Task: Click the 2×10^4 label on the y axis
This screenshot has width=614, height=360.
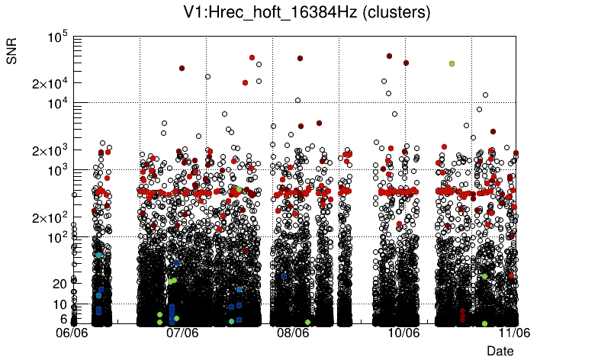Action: pyautogui.click(x=50, y=83)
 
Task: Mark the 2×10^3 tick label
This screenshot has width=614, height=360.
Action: pyautogui.click(x=50, y=150)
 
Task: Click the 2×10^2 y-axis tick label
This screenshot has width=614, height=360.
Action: pyautogui.click(x=50, y=217)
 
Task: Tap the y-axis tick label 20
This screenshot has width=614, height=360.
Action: pyautogui.click(x=59, y=284)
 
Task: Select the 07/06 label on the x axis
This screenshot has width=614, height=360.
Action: pyautogui.click(x=183, y=333)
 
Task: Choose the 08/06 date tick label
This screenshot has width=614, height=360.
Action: pyautogui.click(x=294, y=333)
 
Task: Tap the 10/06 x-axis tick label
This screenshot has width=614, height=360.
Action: pyautogui.click(x=404, y=333)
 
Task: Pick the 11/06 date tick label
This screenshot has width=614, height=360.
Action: pyautogui.click(x=515, y=333)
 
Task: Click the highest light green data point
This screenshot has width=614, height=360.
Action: pyautogui.click(x=452, y=64)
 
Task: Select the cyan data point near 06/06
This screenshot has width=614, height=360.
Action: pyautogui.click(x=99, y=255)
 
